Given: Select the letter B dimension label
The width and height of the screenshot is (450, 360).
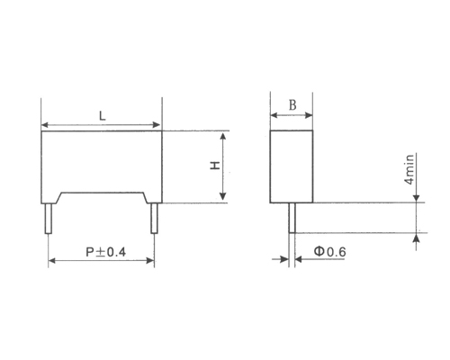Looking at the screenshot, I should [x=292, y=105].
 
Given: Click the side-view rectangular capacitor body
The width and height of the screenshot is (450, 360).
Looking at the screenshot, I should [x=292, y=166].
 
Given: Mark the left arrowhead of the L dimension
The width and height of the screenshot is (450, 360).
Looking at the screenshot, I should [x=47, y=123].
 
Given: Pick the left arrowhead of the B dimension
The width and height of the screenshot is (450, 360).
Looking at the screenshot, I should [x=275, y=115].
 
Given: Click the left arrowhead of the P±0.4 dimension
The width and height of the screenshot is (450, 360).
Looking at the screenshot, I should [x=52, y=261].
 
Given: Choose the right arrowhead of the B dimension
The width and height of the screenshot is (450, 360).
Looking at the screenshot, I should [x=309, y=115].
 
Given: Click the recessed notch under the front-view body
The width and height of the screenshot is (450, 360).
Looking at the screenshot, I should [x=102, y=197].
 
